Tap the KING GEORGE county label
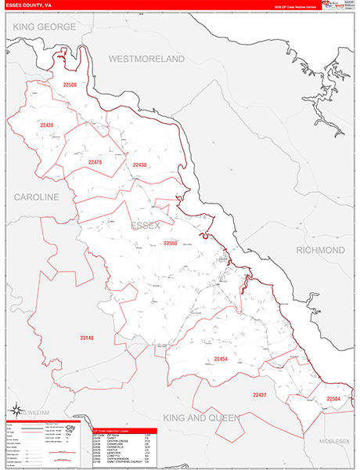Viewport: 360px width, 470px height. coord(45,27)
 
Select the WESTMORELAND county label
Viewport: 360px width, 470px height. coord(146,60)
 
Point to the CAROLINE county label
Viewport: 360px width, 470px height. coord(35,197)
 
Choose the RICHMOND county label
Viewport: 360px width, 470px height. coord(320,250)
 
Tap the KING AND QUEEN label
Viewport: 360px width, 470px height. coord(200,418)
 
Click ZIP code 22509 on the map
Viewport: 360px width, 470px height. coord(70,85)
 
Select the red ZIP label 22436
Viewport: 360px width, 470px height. coord(47,125)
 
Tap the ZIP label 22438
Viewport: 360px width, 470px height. coord(140,164)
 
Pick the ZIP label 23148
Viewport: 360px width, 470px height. coord(86,338)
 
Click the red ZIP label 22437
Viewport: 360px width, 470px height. coord(258,394)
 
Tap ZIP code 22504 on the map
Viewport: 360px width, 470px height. coord(333,399)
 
